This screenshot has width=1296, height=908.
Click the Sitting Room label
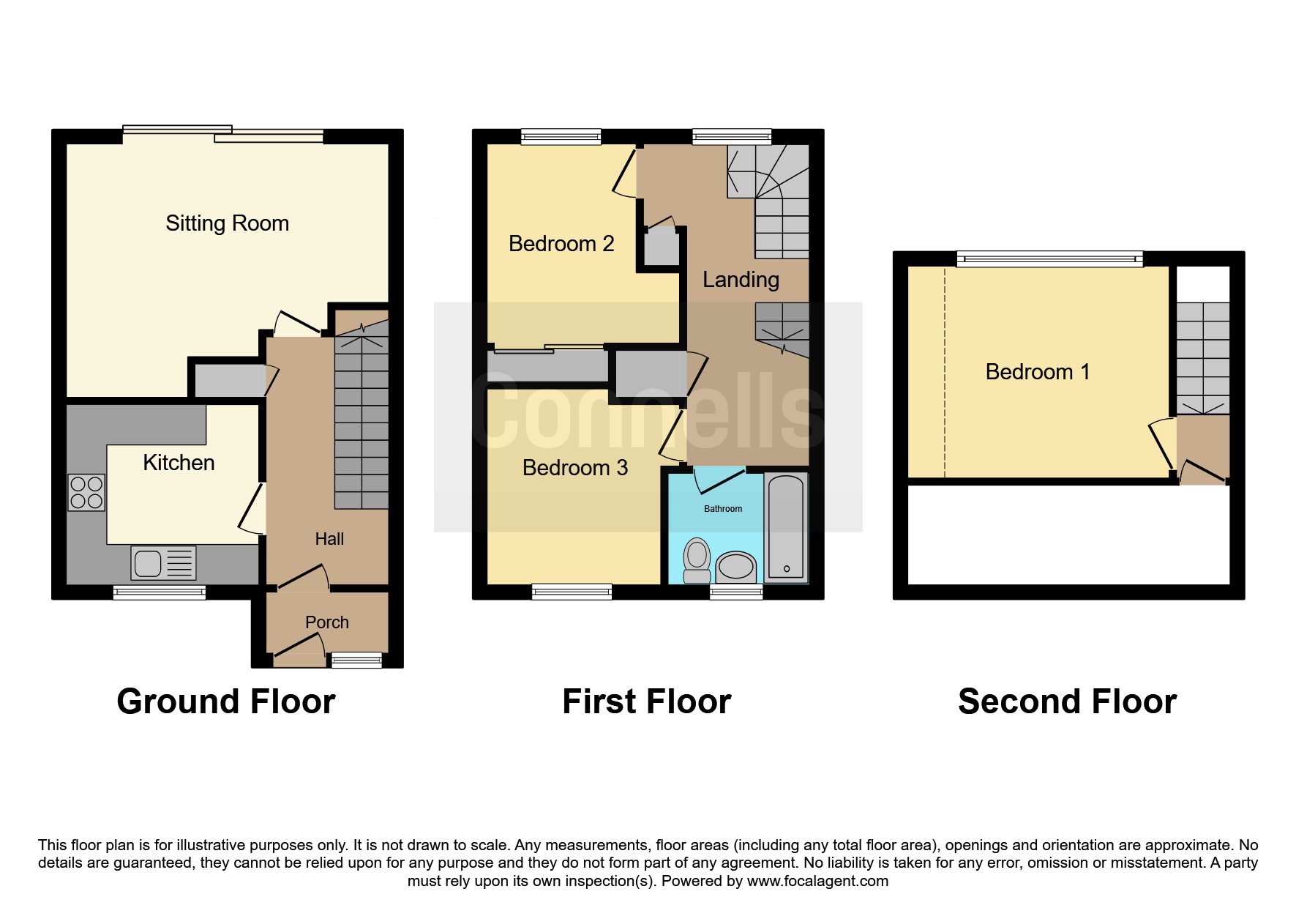tap(227, 223)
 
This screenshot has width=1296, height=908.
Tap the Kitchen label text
tap(179, 463)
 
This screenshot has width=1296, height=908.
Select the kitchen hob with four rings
tap(86, 492)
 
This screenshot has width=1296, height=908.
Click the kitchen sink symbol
tap(164, 563)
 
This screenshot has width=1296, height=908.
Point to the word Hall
tap(329, 539)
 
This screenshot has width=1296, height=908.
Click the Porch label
tap(327, 622)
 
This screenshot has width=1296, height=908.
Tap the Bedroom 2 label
tap(561, 244)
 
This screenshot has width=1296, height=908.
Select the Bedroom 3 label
tap(575, 468)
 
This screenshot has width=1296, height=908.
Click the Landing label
tap(741, 280)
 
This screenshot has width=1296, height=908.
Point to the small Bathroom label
tap(723, 509)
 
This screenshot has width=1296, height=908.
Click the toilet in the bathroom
tap(697, 561)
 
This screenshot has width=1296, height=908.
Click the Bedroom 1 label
tap(1038, 372)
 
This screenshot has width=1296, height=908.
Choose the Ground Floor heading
tap(226, 702)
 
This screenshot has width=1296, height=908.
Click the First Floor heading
tap(647, 702)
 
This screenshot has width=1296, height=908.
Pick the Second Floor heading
tap(1068, 702)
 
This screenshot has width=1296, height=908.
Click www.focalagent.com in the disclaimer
tap(817, 881)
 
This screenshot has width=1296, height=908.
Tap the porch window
tap(356, 660)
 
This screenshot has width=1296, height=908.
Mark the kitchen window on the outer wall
tap(160, 592)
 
